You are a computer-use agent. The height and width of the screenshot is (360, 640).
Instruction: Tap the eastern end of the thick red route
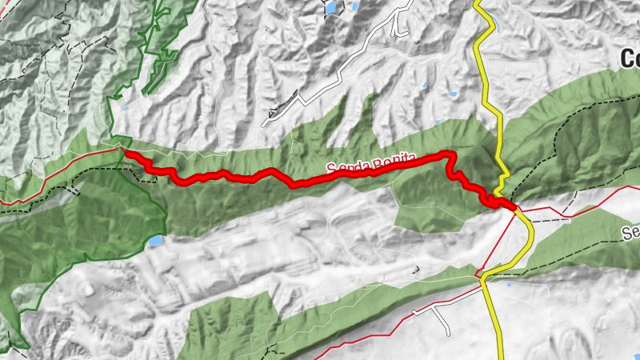pyautogui.click(x=512, y=207)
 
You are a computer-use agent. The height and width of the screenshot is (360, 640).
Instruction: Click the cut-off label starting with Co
pyautogui.click(x=630, y=58)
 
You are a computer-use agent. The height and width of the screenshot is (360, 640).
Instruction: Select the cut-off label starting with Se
pyautogui.click(x=630, y=233)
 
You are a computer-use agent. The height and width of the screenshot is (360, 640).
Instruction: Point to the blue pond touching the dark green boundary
pyautogui.click(x=155, y=240)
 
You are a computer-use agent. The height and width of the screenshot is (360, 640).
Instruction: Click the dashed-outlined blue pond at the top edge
pyautogui.click(x=330, y=6)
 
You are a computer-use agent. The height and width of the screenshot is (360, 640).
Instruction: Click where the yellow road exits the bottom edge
pyautogui.click(x=501, y=357)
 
